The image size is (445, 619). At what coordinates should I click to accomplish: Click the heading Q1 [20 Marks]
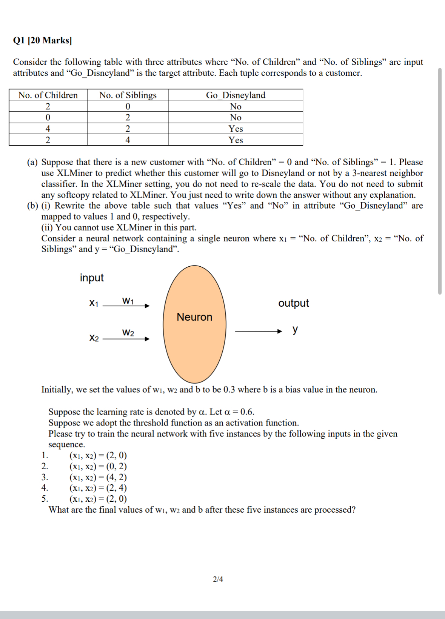(42, 40)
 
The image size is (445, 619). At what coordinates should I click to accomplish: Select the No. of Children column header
(48, 95)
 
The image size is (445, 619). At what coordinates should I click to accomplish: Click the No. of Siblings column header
(128, 95)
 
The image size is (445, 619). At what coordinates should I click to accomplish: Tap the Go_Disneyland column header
(236, 95)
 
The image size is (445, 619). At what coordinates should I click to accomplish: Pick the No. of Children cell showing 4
(48, 129)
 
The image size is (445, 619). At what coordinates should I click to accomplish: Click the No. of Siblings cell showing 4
(128, 140)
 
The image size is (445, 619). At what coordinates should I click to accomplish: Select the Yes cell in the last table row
(236, 140)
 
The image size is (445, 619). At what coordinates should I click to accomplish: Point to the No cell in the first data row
(236, 106)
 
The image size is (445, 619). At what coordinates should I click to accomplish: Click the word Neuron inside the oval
(194, 317)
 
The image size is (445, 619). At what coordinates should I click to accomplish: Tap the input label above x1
(92, 278)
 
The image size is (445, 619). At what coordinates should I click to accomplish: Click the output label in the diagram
(293, 303)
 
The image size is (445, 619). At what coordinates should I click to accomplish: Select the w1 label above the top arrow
(128, 301)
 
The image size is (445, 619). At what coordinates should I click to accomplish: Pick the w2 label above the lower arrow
(128, 332)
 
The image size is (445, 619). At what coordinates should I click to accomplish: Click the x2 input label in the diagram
(94, 338)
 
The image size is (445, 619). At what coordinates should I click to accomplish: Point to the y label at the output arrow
(295, 330)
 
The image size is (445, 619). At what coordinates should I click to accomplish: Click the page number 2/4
(218, 579)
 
